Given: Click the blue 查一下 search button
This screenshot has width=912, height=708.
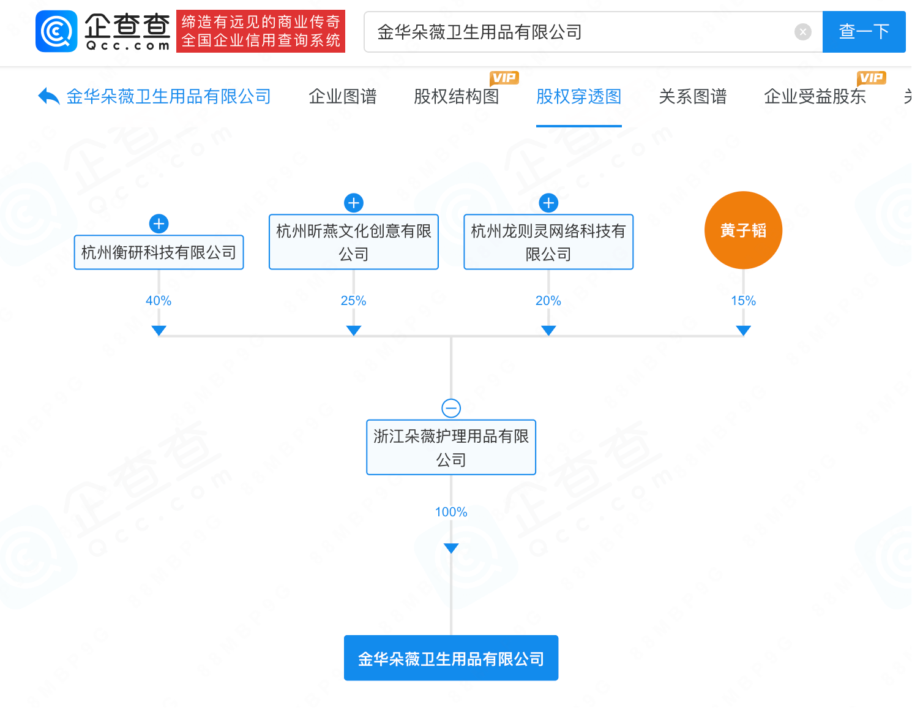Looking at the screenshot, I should pos(864,32).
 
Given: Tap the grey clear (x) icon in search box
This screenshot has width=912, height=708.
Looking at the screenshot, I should pos(802,32).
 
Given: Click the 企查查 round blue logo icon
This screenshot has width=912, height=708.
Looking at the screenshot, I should pos(57,31).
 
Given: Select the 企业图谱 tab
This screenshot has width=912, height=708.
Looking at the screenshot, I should pos(342,97).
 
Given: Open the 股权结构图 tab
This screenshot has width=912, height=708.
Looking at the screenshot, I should pos(456,97).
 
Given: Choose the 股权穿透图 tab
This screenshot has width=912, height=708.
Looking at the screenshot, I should pos(578,97).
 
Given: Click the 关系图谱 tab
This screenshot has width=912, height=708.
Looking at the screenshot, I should pos(692,97).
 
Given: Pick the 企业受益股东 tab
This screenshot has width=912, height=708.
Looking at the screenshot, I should pos(815,97).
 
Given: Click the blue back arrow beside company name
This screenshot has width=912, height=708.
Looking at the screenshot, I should pos(48,96).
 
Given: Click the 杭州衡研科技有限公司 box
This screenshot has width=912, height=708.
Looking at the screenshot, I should pos(159,252).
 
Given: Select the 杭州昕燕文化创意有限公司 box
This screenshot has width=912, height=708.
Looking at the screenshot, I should pos(354,242).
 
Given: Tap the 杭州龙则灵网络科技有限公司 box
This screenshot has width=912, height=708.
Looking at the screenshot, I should pos(548,242).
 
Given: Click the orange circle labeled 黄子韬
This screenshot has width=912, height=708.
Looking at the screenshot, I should pos(743,230).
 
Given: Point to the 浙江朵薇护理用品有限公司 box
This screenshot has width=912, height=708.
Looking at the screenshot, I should pos(451,447).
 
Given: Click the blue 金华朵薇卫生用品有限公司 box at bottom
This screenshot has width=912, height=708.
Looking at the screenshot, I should pos(451,658).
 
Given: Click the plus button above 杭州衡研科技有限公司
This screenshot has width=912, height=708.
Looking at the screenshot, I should pos(159,224).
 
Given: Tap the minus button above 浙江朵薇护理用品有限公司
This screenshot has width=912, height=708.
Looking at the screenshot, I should pos(451,408).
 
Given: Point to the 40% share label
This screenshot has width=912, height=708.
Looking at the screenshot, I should pos(159,301).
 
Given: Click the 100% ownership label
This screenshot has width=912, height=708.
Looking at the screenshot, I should pos(451,512).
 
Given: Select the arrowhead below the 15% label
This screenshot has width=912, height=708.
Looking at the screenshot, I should pos(743,331).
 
